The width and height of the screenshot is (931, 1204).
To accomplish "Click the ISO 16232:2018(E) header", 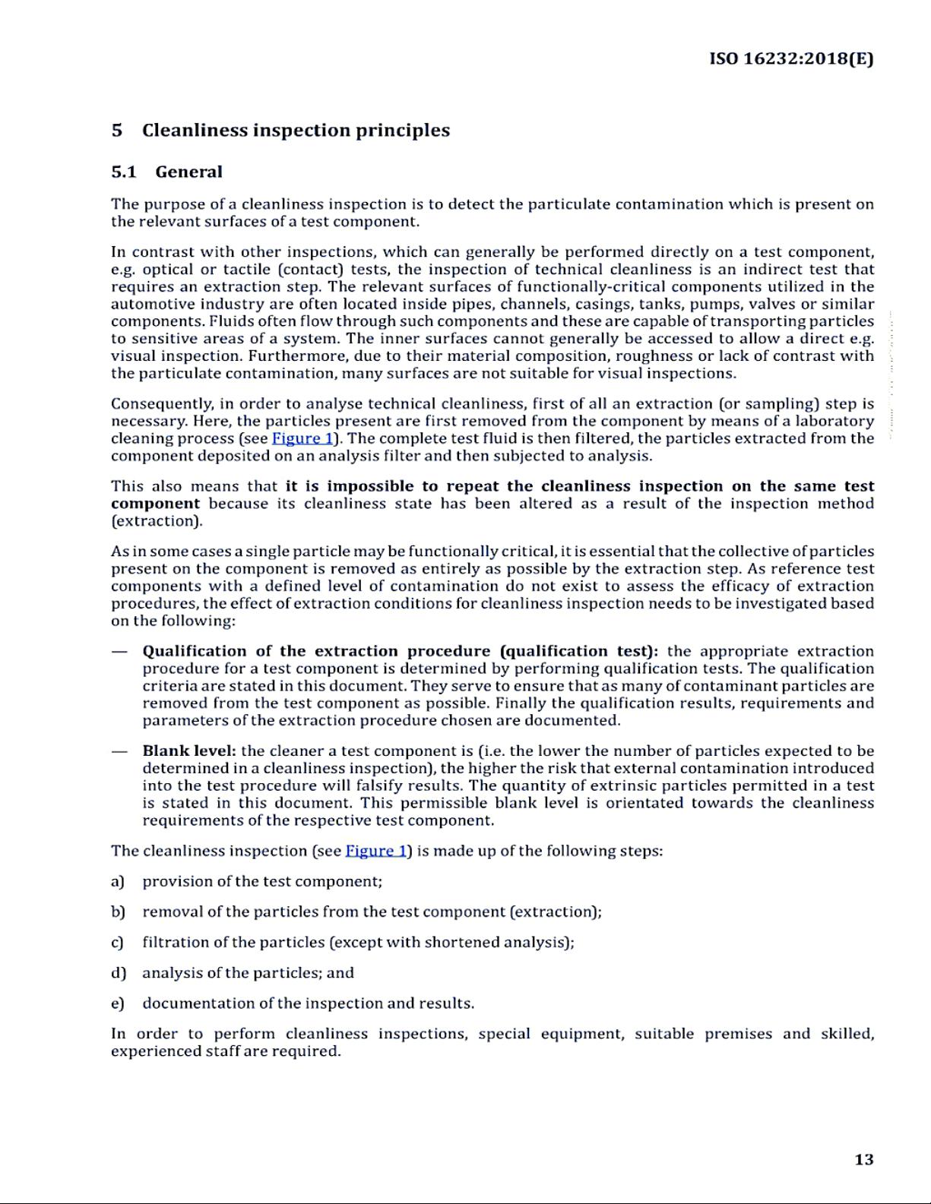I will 791,58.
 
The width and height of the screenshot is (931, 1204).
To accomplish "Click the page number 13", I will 863,1159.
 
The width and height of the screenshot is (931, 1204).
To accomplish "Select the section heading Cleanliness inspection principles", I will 296,130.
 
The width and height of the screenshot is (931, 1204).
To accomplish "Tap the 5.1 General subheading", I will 166,172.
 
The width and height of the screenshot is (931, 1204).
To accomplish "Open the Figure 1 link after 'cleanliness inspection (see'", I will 376,851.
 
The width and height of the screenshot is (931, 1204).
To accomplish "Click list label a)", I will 117,881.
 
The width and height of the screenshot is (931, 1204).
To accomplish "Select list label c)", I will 117,942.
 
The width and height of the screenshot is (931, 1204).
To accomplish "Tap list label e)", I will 117,1003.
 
